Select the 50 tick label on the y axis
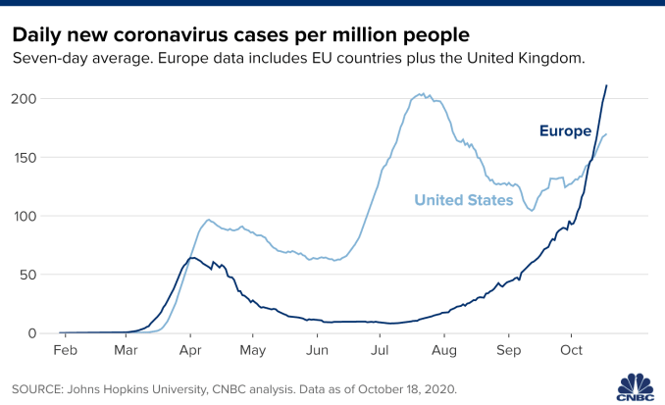(x=31, y=275)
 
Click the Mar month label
(x=126, y=350)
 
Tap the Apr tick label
(x=189, y=350)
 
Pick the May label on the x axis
(x=253, y=350)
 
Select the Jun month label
(x=317, y=350)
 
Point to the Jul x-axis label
(x=381, y=350)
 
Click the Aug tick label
(x=444, y=350)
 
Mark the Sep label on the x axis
(x=508, y=350)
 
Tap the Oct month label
(x=572, y=350)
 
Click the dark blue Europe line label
(x=565, y=131)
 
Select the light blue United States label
(x=464, y=200)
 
